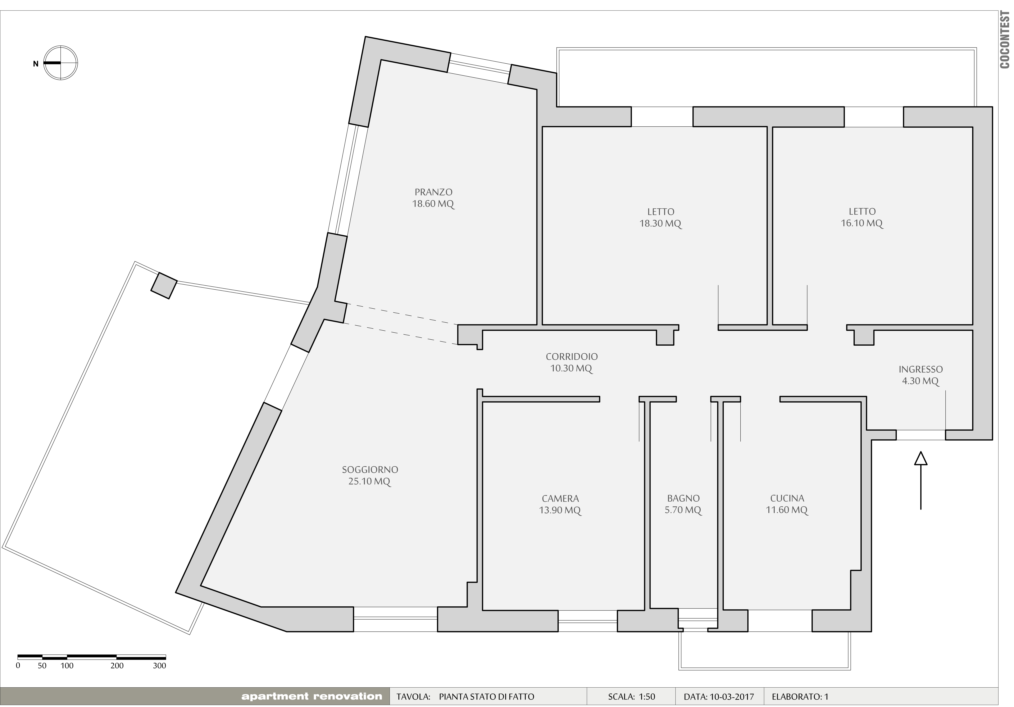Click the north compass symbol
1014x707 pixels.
pyautogui.click(x=60, y=63)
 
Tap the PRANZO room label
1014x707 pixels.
pyautogui.click(x=433, y=192)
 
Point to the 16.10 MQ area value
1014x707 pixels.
pyautogui.click(x=862, y=223)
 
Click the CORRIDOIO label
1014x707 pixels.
pyautogui.click(x=572, y=356)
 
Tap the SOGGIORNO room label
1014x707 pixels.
pyautogui.click(x=370, y=470)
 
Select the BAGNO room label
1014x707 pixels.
pyautogui.click(x=683, y=498)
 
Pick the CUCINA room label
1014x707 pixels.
pyautogui.click(x=787, y=498)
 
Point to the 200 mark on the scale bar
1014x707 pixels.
pyautogui.click(x=117, y=666)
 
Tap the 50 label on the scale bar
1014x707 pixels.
pyautogui.click(x=42, y=666)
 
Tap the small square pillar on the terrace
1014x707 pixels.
pyautogui.click(x=164, y=286)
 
